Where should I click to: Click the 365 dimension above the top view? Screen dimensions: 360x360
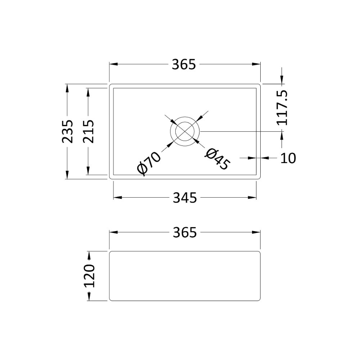click(184, 64)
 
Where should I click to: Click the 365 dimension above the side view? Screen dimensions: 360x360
click(185, 232)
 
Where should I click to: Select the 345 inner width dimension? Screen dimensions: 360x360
click(185, 198)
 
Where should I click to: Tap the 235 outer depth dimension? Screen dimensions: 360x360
click(68, 131)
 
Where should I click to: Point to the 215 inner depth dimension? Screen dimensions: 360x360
click(88, 131)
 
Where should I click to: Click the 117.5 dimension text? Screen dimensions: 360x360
click(282, 108)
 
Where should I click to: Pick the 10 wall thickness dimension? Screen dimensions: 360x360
click(288, 158)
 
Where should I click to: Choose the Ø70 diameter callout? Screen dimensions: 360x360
click(149, 163)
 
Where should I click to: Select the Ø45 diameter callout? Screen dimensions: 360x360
click(217, 159)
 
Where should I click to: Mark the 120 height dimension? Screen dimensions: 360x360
click(89, 276)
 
